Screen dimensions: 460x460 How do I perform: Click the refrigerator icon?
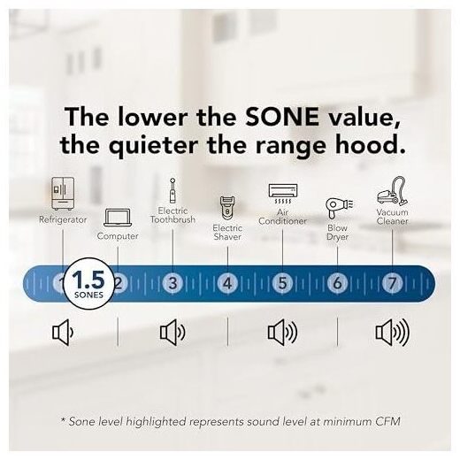[x=63, y=194]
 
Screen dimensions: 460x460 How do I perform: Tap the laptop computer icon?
[x=118, y=218]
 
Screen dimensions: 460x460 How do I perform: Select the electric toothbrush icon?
[x=172, y=191]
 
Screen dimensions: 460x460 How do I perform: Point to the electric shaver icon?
[x=227, y=208]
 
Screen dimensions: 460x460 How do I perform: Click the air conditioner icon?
[x=283, y=194]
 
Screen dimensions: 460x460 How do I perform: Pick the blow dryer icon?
[x=339, y=209]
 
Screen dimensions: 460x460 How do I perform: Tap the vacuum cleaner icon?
[x=393, y=191]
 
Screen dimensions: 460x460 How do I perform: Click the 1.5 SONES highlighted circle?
[x=88, y=283]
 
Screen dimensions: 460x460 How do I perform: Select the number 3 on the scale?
[x=172, y=283]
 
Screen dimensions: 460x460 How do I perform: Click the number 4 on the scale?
[x=227, y=283]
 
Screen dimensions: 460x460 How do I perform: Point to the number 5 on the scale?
[x=282, y=283]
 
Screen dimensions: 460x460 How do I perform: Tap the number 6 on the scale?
[x=337, y=283]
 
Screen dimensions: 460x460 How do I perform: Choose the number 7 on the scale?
[x=392, y=283]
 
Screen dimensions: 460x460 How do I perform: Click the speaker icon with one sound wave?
[x=63, y=333]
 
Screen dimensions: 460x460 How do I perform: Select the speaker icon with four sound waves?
[x=393, y=333]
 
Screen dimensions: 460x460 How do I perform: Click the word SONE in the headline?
[x=282, y=117]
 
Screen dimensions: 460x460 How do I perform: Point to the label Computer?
[x=118, y=236]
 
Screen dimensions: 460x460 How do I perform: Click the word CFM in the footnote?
[x=387, y=421]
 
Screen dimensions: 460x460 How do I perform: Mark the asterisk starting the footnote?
[x=63, y=419]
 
